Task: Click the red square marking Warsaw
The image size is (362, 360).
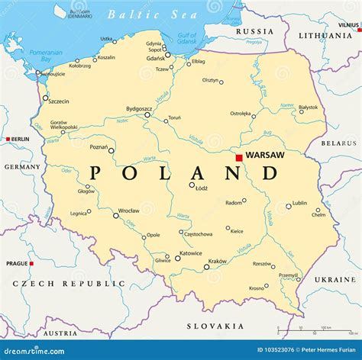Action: pyautogui.click(x=239, y=158)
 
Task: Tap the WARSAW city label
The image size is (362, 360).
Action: pyautogui.click(x=264, y=155)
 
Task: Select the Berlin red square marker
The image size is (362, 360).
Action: pyautogui.click(x=8, y=140)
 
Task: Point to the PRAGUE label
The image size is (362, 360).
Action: pyautogui.click(x=17, y=264)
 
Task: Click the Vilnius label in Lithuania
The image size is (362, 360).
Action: pyautogui.click(x=348, y=25)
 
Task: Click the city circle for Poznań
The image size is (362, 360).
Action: pyautogui.click(x=111, y=150)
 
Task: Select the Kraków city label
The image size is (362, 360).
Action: pyautogui.click(x=217, y=262)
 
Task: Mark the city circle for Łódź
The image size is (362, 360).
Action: pyautogui.click(x=192, y=185)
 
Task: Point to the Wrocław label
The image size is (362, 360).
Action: pyautogui.click(x=128, y=211)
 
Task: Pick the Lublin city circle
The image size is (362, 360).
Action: pyautogui.click(x=289, y=206)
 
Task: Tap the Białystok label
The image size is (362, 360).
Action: pyautogui.click(x=308, y=108)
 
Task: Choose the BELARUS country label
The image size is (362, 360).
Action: pyautogui.click(x=338, y=143)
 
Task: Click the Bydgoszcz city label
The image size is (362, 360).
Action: pyautogui.click(x=140, y=109)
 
